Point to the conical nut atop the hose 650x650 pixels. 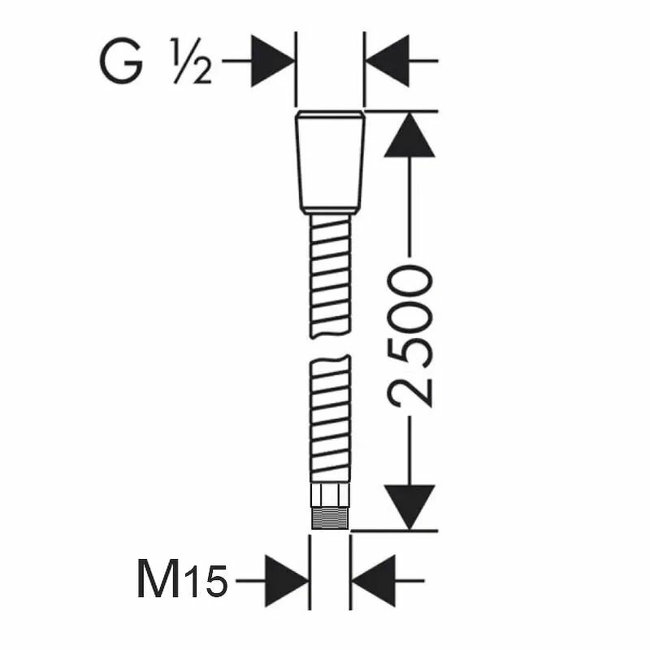pos(330,162)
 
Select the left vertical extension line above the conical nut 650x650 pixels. pos(296,73)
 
